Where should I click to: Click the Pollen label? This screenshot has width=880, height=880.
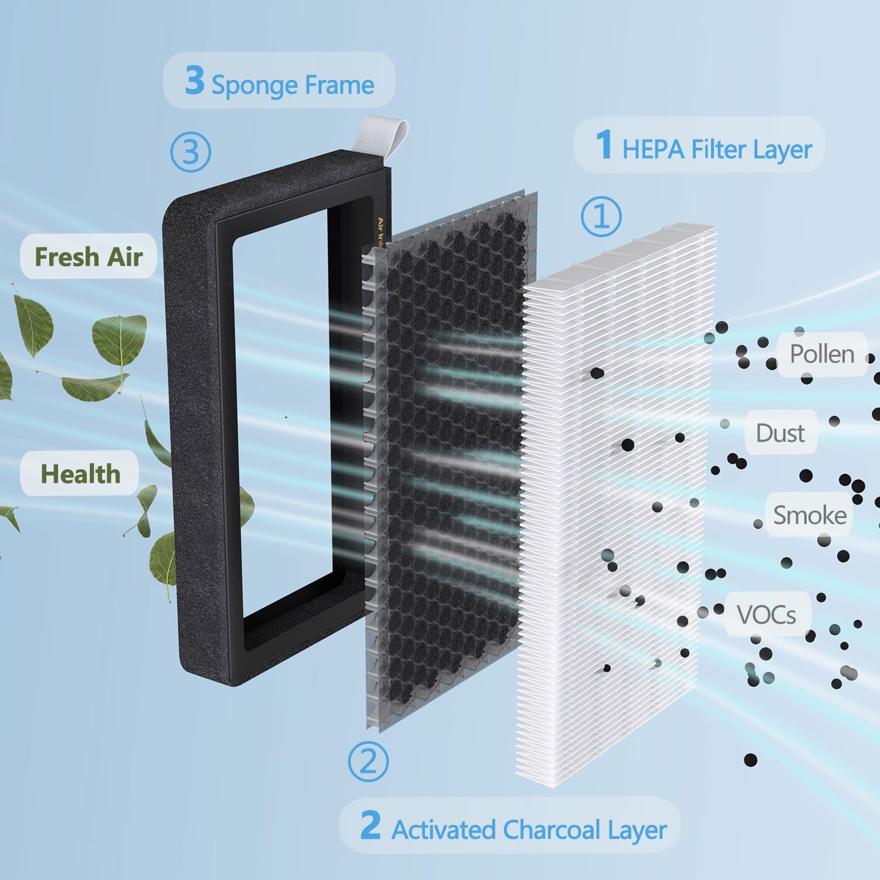[821, 354]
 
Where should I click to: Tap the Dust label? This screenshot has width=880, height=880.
[780, 434]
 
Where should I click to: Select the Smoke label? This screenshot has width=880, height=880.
[810, 516]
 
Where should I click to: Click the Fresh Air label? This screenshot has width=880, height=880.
[89, 257]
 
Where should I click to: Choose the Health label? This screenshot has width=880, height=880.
[80, 474]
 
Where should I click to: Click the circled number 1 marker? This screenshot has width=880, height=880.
[601, 216]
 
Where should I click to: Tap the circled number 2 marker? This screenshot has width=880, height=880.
[368, 761]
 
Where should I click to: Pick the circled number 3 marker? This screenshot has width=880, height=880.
[191, 151]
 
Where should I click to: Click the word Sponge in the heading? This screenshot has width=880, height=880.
[255, 86]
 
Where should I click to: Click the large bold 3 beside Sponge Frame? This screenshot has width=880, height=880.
[194, 80]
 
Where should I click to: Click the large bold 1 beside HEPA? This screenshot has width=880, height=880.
[604, 144]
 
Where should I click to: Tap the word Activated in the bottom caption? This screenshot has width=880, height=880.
[444, 830]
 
